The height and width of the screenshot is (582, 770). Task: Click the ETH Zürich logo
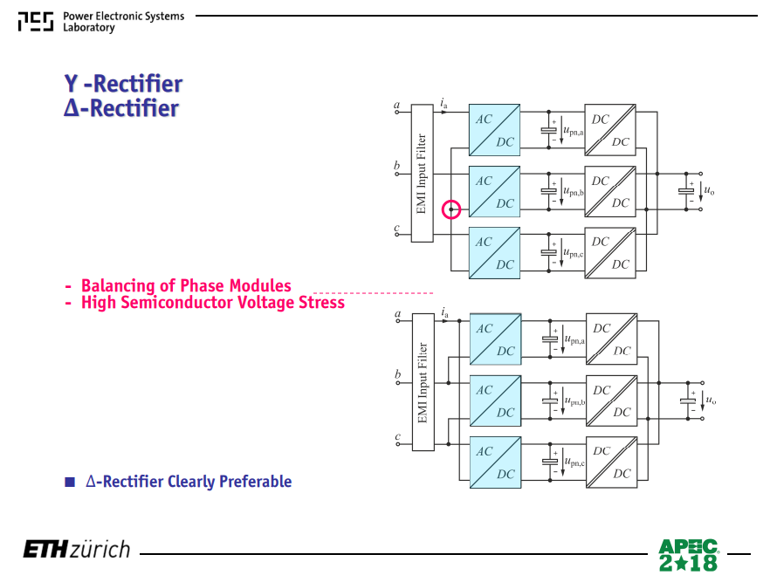pos(77,549)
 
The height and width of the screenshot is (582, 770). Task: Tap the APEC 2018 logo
pos(689,555)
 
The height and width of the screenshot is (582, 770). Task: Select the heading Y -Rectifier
pos(123,84)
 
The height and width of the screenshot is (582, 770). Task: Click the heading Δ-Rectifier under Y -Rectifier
pos(121,108)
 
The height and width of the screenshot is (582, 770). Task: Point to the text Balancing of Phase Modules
pos(186,285)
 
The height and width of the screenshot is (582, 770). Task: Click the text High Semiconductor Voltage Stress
pos(213,302)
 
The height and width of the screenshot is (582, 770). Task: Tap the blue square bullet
pos(70,482)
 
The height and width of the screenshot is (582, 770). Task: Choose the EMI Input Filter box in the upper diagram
pos(422,174)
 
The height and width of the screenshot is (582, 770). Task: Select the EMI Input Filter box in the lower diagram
pos(423,382)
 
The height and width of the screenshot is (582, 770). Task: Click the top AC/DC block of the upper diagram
pos(494,130)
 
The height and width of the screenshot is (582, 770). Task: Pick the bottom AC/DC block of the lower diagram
pos(496,462)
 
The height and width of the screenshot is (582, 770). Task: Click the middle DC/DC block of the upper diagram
pos(610,191)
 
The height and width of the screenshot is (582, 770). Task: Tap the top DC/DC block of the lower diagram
pos(611,339)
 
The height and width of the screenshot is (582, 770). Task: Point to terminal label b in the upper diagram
pos(396,165)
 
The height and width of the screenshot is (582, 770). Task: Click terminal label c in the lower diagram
pos(398,436)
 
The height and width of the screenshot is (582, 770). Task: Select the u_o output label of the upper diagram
pos(709,190)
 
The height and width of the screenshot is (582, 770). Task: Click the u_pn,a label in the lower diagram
pos(574,339)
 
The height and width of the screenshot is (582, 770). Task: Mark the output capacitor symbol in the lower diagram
pos(688,401)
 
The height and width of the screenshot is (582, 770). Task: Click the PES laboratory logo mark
pos(36,22)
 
